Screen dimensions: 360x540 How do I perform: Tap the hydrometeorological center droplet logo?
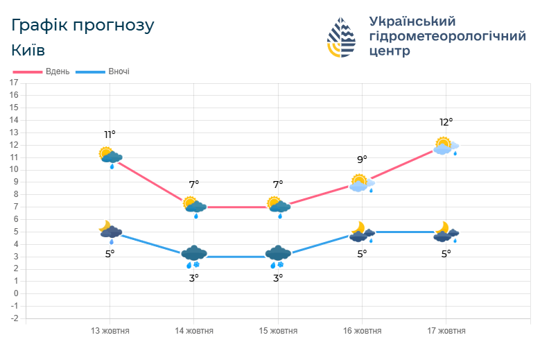(x=341, y=37)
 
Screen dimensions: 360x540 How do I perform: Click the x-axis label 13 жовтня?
(x=110, y=331)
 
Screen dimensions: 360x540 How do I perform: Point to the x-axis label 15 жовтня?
(x=278, y=331)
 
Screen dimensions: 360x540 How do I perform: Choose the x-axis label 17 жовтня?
(x=446, y=331)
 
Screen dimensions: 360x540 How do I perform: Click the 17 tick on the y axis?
(x=14, y=83)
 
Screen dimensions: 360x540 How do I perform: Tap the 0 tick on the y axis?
(x=15, y=293)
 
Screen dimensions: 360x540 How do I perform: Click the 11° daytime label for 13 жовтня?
(x=110, y=135)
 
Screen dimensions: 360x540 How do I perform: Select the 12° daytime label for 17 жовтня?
(x=446, y=122)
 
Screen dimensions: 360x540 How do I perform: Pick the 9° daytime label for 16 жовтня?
(x=362, y=160)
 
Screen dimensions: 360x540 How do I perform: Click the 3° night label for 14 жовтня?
(x=194, y=277)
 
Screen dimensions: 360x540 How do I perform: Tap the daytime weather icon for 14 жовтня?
(x=195, y=206)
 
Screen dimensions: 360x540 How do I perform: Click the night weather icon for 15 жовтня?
(x=278, y=255)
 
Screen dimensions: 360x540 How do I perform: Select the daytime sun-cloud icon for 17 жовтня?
(x=446, y=146)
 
